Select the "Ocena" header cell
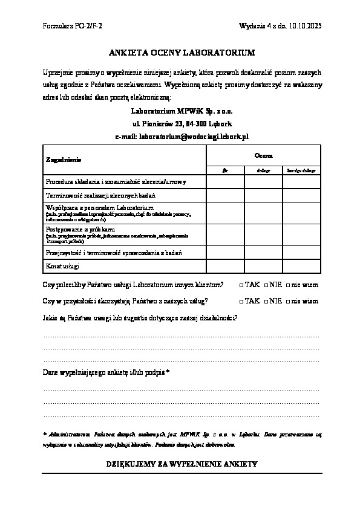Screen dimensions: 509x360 point(263,156)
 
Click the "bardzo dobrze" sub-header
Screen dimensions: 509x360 point(301,171)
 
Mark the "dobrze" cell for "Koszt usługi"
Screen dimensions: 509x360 point(263,265)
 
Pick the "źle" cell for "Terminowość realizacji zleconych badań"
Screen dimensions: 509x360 point(225,195)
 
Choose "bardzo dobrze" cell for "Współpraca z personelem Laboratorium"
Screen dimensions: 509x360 point(301,213)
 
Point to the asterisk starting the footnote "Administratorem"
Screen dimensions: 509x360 point(45,433)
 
